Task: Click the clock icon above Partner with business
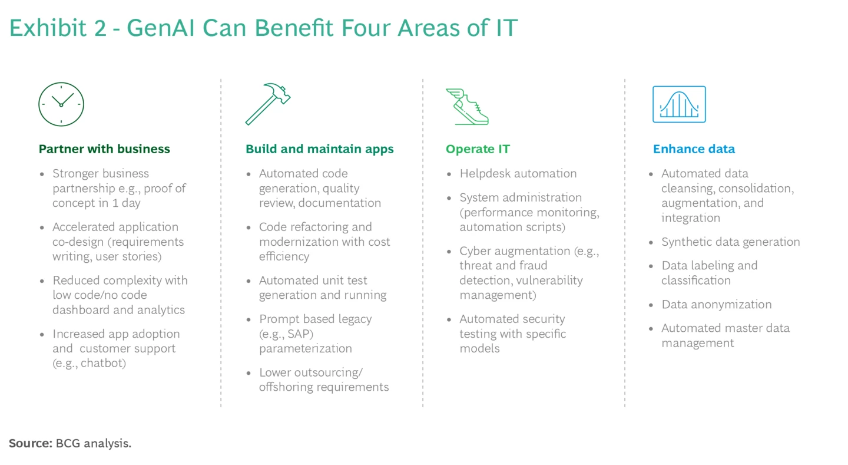[x=61, y=104]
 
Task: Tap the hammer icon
[x=268, y=104]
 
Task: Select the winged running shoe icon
[x=468, y=106]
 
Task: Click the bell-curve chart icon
[x=679, y=104]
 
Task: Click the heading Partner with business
[x=104, y=149]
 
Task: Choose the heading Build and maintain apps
[x=320, y=149]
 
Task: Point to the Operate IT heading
[x=478, y=149]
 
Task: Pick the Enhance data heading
[x=694, y=149]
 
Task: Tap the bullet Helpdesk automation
[x=518, y=173]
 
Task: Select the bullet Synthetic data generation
[x=730, y=242]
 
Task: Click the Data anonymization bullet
[x=716, y=304]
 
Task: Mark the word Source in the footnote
[x=30, y=443]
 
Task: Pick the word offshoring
[x=287, y=387]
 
